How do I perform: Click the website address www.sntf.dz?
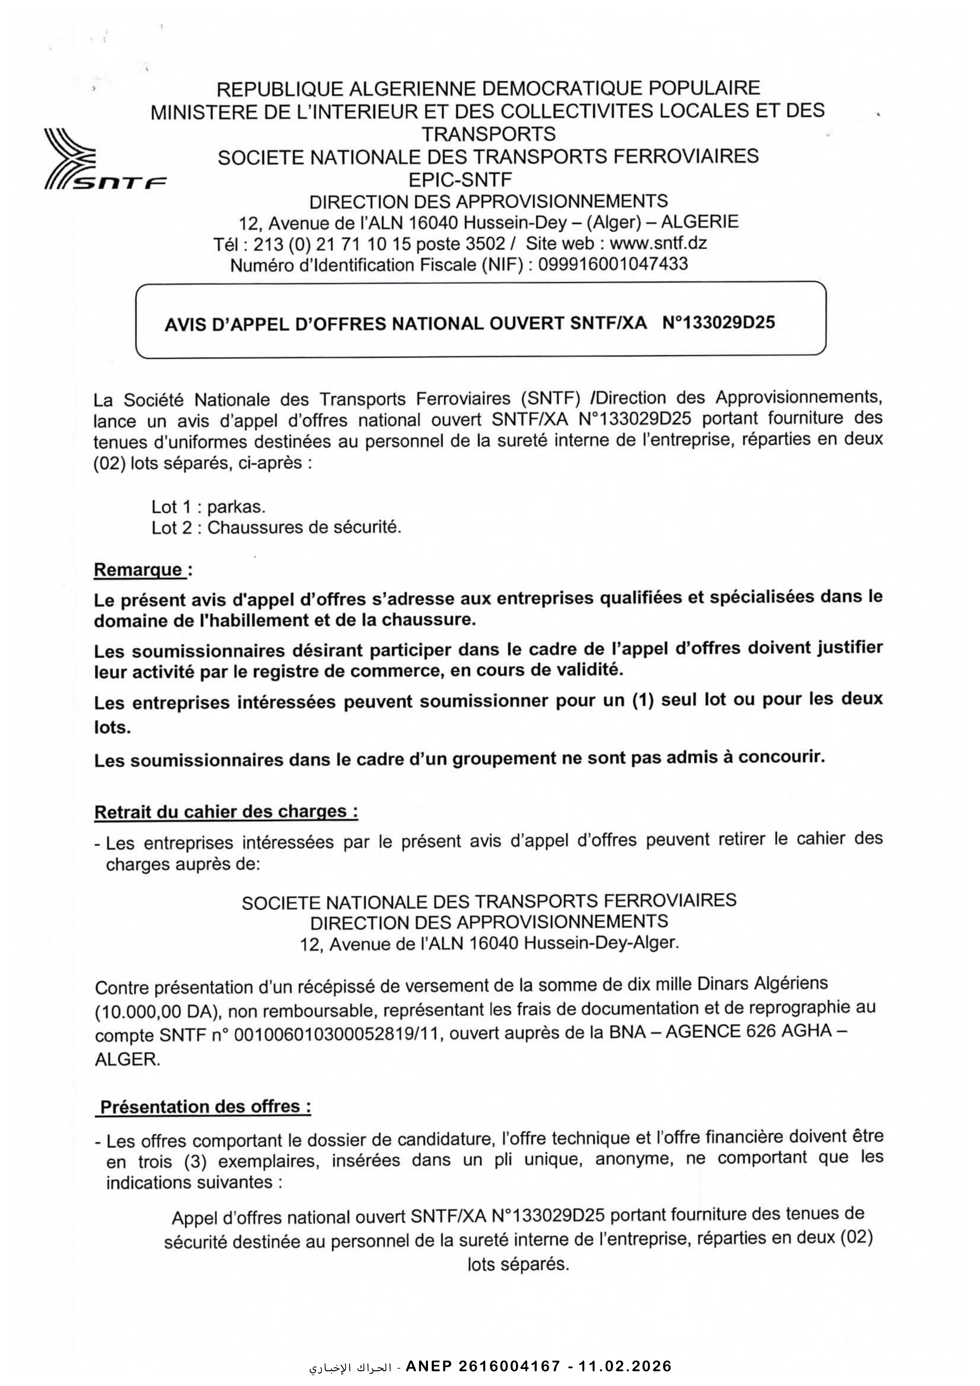(658, 243)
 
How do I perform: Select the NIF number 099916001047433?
(612, 264)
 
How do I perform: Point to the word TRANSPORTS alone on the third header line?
(488, 134)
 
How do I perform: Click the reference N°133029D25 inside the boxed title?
(718, 322)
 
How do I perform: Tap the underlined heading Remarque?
(139, 569)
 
